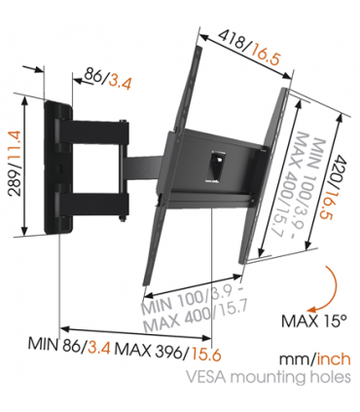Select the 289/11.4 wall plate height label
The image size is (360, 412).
13,162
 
